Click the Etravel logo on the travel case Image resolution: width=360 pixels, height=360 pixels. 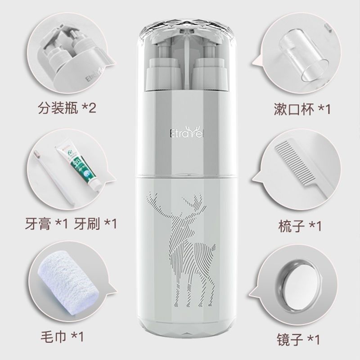pyautogui.click(x=180, y=133)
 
